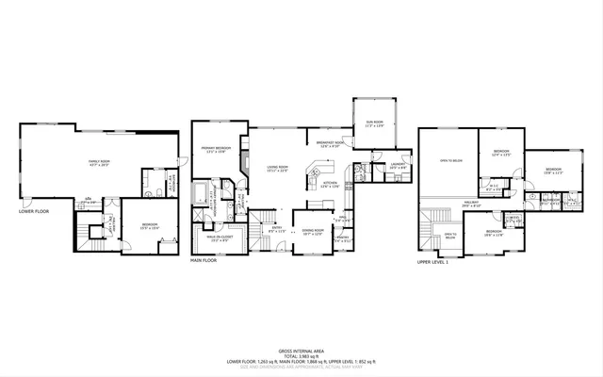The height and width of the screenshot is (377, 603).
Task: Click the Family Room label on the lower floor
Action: pos(100,161)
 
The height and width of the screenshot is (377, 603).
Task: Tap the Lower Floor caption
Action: pos(33,211)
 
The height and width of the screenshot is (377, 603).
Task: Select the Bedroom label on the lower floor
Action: pos(150,224)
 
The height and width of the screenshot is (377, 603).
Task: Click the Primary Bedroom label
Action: pos(216,149)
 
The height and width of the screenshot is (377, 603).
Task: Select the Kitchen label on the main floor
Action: pos(330,186)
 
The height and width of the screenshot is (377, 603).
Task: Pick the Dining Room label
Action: pos(311,231)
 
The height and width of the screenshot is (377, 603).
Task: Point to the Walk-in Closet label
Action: pos(220,238)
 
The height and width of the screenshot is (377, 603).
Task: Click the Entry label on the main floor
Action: pos(276,228)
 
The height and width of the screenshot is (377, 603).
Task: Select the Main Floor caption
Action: pos(204,259)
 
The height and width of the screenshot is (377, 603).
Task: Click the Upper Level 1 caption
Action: pos(435,259)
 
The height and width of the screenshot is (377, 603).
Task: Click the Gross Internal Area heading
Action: pos(301,349)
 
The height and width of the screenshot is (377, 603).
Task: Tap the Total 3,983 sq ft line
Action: pos(301,355)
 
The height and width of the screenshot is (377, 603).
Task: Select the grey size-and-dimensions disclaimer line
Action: pos(301,367)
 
